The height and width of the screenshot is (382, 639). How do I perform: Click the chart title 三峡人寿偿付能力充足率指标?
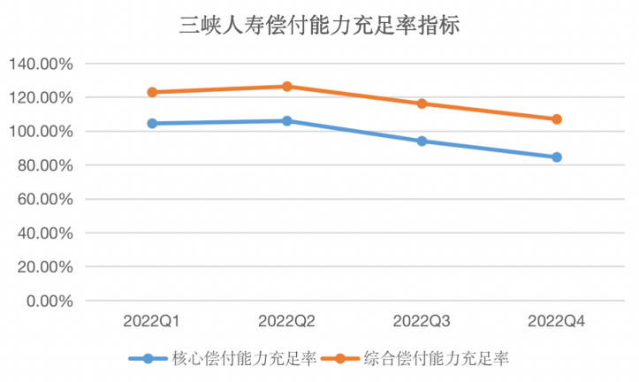(319, 25)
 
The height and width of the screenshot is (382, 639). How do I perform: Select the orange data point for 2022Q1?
(152, 92)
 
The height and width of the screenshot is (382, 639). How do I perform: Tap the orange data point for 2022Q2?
(287, 87)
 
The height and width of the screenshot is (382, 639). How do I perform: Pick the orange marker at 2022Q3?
(422, 103)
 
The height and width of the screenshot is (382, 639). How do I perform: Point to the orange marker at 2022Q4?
(557, 119)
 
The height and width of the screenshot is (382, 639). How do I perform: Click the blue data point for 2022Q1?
(152, 124)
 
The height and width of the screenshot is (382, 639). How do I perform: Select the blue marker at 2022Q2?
(287, 120)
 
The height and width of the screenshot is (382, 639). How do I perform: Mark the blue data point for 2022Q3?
(422, 141)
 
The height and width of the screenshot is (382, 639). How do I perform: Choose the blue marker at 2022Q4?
(557, 157)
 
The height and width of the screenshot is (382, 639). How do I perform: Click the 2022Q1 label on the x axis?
(152, 317)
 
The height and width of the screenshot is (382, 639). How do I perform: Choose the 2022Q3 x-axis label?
(422, 317)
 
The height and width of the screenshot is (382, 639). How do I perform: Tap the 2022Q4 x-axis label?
(557, 317)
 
